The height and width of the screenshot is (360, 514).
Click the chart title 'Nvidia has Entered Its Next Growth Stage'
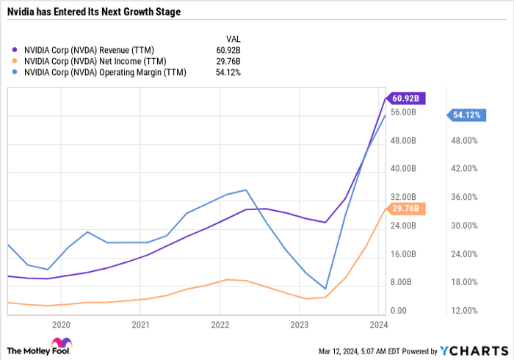point(94,12)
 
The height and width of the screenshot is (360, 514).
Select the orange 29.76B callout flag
point(405,209)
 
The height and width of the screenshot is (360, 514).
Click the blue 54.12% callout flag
point(466,115)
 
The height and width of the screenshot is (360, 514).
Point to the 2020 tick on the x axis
point(61,324)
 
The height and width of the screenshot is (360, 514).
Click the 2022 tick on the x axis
point(220,324)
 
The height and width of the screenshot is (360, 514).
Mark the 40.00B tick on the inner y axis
point(403,169)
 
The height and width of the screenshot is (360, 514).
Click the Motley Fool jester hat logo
point(59,344)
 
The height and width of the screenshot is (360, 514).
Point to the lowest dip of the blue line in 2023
point(325,289)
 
